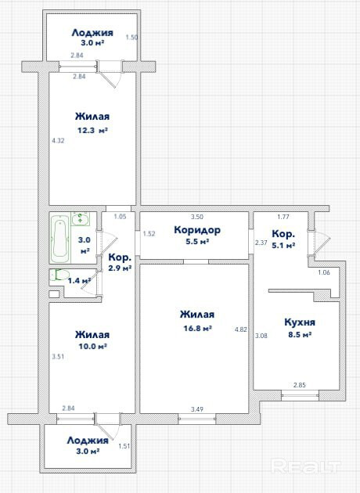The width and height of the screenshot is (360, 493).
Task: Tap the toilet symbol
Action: pos(59,275)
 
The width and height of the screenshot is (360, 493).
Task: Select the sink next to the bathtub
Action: pos(81,219)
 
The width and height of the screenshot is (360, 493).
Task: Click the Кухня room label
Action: pos(300,322)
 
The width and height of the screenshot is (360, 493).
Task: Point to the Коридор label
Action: pos(197,231)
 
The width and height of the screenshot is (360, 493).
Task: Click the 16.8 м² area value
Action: pos(197,329)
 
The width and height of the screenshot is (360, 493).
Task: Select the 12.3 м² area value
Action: pos(93,131)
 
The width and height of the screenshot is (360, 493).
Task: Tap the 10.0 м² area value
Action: pos(93,347)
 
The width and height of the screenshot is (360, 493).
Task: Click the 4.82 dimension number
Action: pos(241,329)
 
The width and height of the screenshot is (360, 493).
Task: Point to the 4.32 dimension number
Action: pos(58,141)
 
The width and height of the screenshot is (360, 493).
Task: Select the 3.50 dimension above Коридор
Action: pos(197,217)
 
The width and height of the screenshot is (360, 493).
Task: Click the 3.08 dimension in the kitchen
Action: pos(261,336)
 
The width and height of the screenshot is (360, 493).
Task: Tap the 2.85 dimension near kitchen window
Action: pos(300,385)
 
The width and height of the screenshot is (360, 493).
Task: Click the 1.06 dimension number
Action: pos(324,272)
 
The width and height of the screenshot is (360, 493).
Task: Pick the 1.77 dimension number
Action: pos(283,217)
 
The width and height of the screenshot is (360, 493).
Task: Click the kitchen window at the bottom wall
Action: pos(300,395)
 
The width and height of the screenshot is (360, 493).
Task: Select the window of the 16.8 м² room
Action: pos(197,419)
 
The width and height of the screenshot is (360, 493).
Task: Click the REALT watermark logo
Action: pos(305,466)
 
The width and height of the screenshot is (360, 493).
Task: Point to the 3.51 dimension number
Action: pos(58,357)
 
